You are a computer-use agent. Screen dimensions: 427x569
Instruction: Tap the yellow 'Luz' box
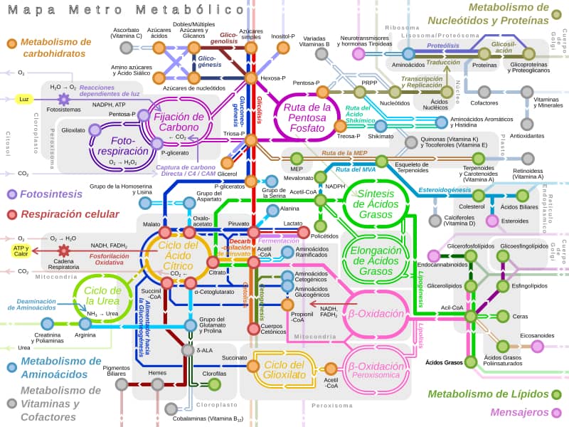[x=24, y=99]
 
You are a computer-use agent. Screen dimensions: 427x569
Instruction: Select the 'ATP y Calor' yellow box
[x=21, y=250]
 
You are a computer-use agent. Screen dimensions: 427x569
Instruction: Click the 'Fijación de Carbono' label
[x=179, y=122]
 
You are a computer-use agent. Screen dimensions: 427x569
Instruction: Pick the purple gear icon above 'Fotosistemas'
[x=63, y=99]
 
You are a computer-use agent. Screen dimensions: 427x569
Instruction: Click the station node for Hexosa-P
[x=250, y=78]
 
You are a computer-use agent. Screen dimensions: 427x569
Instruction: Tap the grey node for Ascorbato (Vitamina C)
[x=126, y=48]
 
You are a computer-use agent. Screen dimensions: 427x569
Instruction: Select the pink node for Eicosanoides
[x=537, y=346]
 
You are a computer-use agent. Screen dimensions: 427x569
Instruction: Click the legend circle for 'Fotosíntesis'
[x=11, y=194]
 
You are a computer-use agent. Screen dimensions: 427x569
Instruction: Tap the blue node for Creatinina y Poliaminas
[x=47, y=325]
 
